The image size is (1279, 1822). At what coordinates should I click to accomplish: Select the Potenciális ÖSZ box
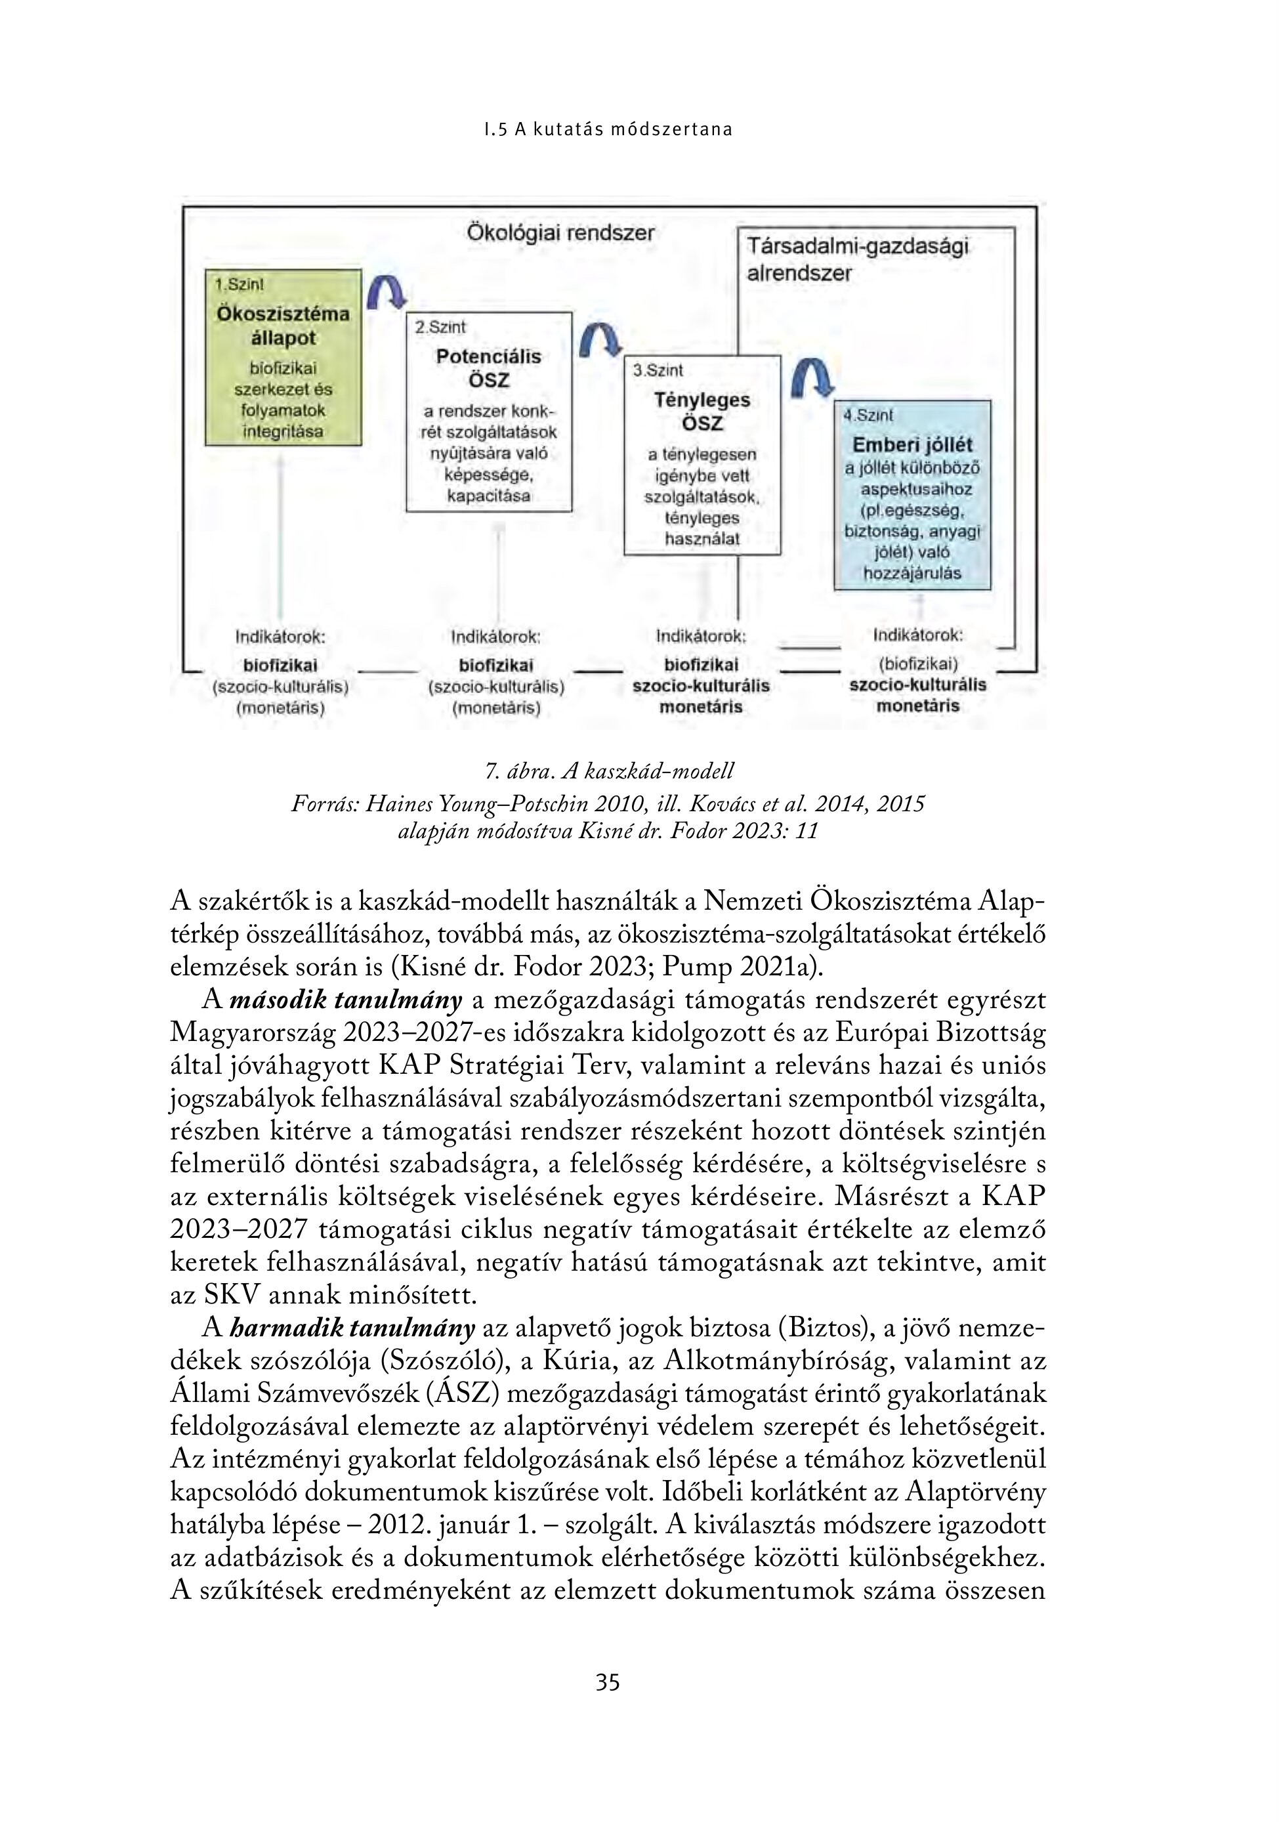489,413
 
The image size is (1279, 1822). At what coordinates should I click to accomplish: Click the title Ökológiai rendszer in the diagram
560,233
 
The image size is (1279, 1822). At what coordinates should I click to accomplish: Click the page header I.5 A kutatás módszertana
608,129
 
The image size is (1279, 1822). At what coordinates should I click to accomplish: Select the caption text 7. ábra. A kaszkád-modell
608,771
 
